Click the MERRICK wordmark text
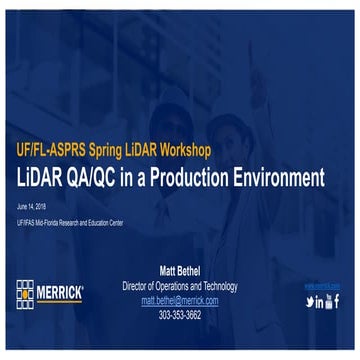pos(62,293)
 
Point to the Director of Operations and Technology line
pos(180,286)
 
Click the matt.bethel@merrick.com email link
pos(180,300)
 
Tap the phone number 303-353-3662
pos(180,314)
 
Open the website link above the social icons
pos(321,286)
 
